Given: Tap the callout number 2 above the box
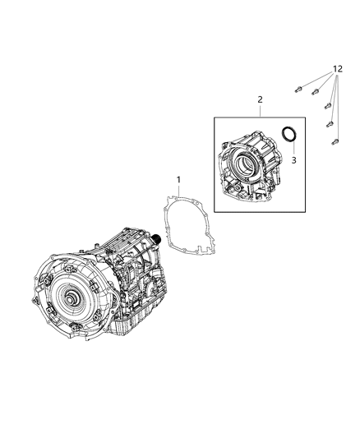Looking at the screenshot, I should tap(260, 99).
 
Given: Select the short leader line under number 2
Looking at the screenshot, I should tap(260, 110).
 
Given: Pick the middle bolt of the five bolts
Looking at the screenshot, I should tap(327, 106).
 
